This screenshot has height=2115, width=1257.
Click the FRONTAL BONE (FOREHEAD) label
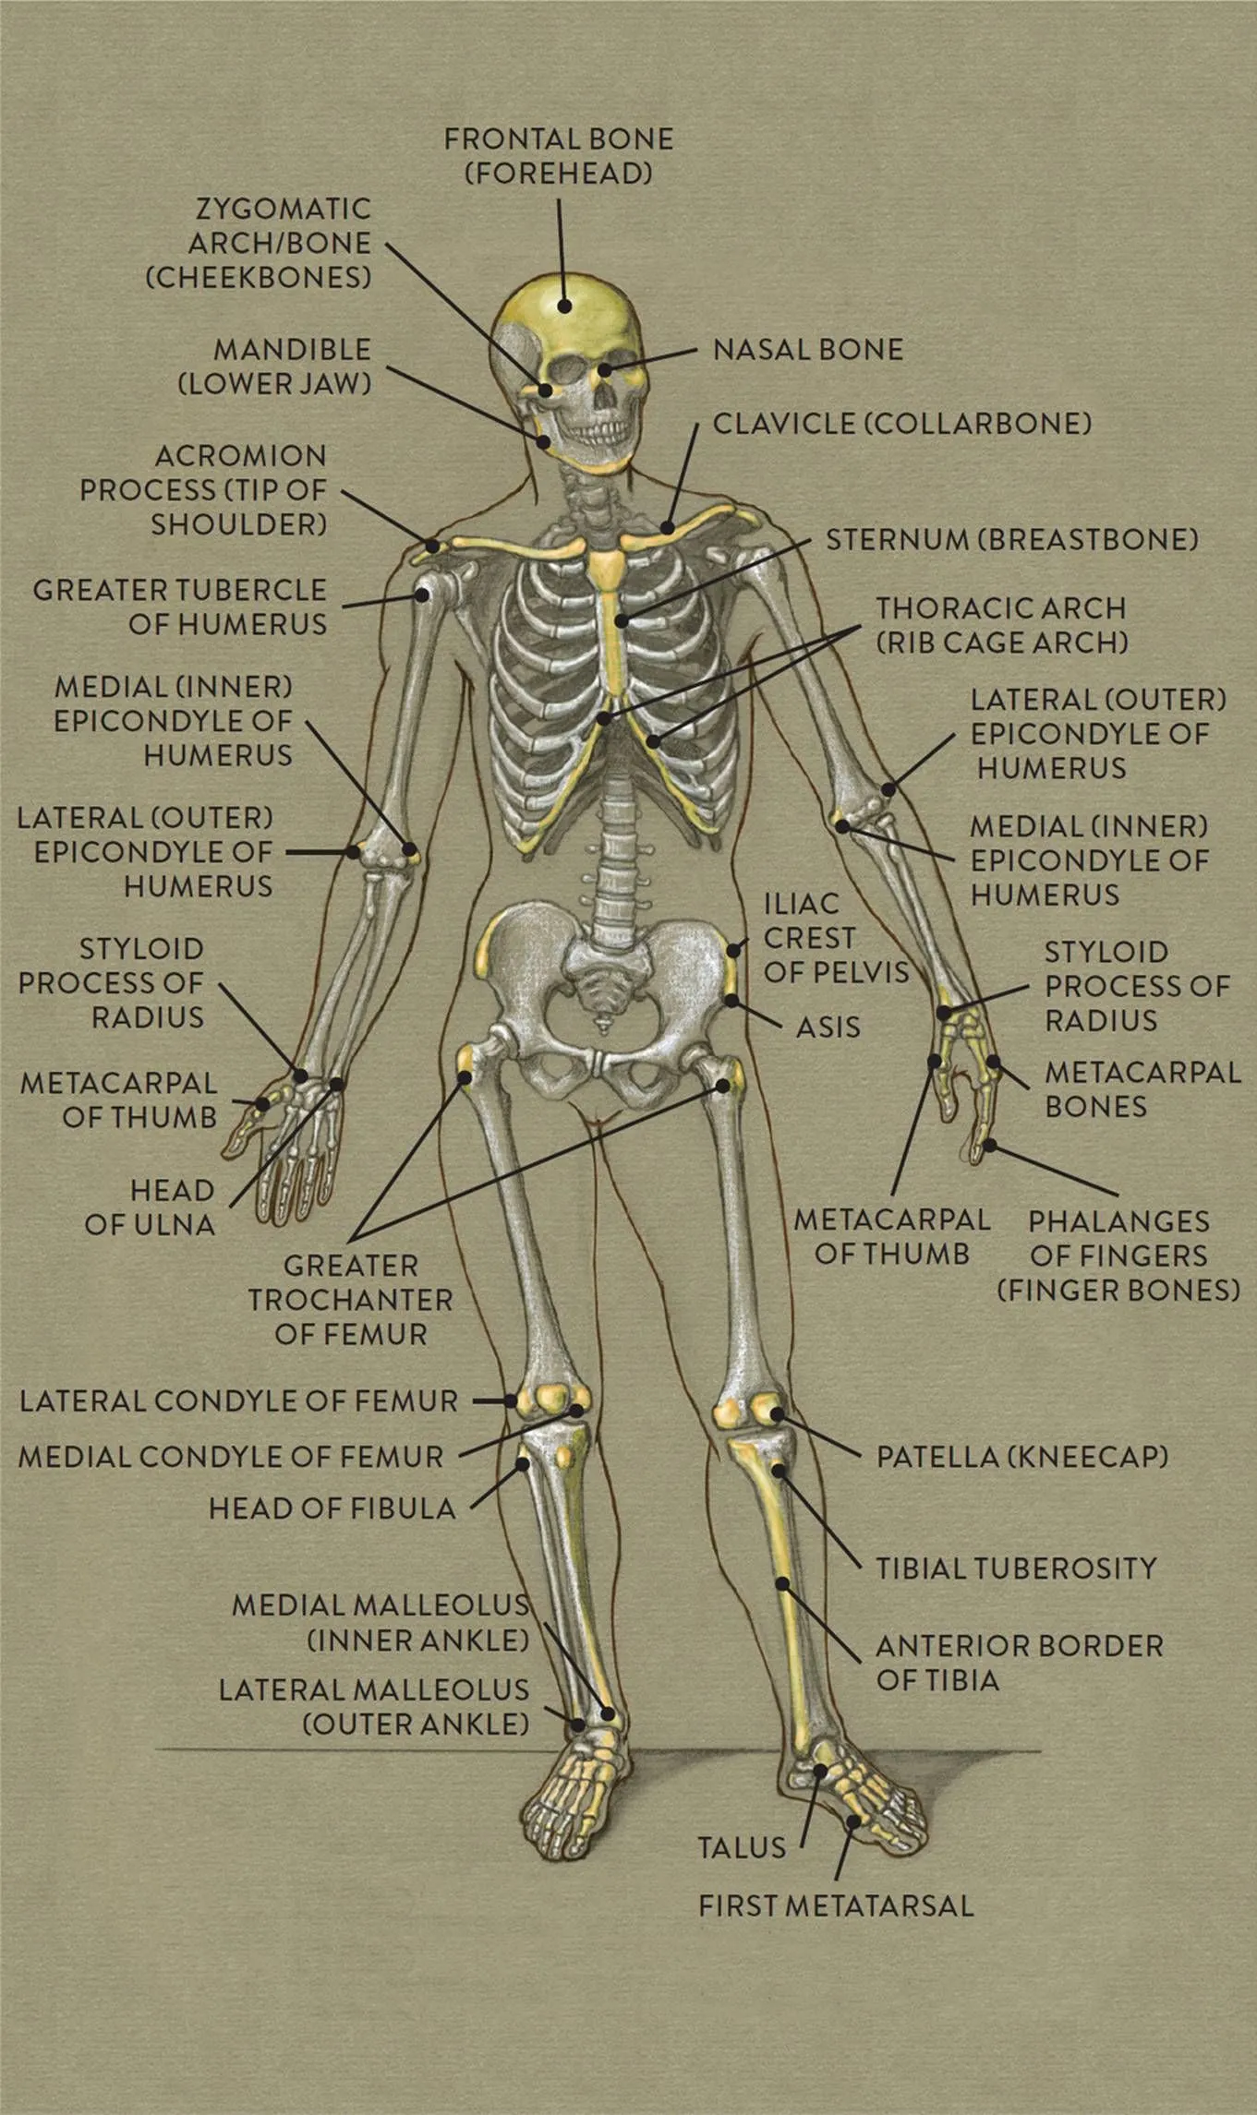coord(559,156)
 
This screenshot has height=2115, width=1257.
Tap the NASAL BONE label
coord(808,350)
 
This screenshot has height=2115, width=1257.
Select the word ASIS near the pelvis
coord(828,1027)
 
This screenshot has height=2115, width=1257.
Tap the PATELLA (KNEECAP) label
coord(1022,1457)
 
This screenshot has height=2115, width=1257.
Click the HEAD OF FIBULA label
coord(332,1508)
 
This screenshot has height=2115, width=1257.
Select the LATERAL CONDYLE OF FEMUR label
coord(239,1400)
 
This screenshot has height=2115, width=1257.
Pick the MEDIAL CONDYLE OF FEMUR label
coord(231,1457)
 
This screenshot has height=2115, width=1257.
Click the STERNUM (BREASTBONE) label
coord(1012,539)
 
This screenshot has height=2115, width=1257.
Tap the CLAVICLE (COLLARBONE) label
coord(902,424)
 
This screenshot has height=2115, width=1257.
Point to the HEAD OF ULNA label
coord(151,1208)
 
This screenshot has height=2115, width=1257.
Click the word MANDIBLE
coord(293,350)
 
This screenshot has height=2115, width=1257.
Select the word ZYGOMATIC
coord(284,209)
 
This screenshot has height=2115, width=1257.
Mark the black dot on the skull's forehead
coord(563,306)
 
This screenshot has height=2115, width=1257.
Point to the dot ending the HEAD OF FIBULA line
coord(524,1463)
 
